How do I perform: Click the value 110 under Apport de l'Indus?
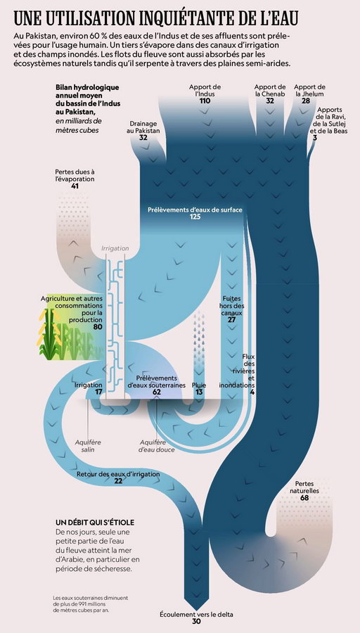(x=205, y=101)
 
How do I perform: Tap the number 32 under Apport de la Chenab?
(x=270, y=101)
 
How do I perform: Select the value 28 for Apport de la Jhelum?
(x=306, y=101)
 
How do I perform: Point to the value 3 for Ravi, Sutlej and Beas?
(x=315, y=138)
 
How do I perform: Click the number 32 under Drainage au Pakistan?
(x=143, y=137)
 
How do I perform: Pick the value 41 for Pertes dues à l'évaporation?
(x=75, y=186)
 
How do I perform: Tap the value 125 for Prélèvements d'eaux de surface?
(x=195, y=217)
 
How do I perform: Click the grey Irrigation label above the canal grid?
(x=115, y=249)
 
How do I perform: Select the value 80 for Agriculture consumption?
(x=98, y=326)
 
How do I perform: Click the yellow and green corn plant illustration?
(x=49, y=333)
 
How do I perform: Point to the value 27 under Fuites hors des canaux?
(x=231, y=320)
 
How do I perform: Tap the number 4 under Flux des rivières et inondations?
(x=252, y=392)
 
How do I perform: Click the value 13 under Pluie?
(x=199, y=392)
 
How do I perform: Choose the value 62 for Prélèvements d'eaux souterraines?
(x=157, y=392)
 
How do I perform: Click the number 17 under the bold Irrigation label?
(x=98, y=392)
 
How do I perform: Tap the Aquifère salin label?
(x=88, y=446)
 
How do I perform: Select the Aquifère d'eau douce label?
(x=157, y=446)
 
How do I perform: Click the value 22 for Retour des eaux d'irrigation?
(x=118, y=481)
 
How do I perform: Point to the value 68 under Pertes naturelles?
(x=304, y=498)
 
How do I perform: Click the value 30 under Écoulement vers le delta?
(x=196, y=622)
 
